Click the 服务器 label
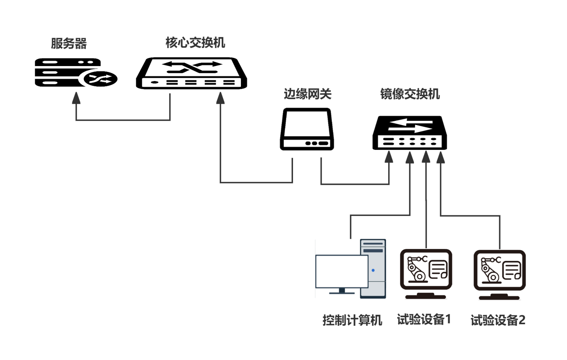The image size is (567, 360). coord(69,43)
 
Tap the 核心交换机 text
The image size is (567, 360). coord(195,42)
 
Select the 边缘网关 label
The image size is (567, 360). coord(308,94)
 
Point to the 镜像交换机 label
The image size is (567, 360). coord(410,94)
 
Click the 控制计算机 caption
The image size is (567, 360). coord(352,320)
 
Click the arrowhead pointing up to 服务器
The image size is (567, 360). coord(76,98)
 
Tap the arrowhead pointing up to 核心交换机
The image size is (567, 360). coord(220,98)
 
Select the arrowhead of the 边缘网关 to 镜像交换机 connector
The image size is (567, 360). coord(389,157)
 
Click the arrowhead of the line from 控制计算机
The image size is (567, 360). coord(410,157)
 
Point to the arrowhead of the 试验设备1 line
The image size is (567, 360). coord(426,157)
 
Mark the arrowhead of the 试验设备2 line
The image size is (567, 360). coord(440,157)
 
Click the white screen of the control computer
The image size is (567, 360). coord(341,271)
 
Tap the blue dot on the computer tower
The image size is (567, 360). coord(373,270)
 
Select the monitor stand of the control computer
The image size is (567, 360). coord(341,292)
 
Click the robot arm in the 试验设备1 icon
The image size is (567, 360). coord(415,268)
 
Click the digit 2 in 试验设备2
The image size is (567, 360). coord(522,320)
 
